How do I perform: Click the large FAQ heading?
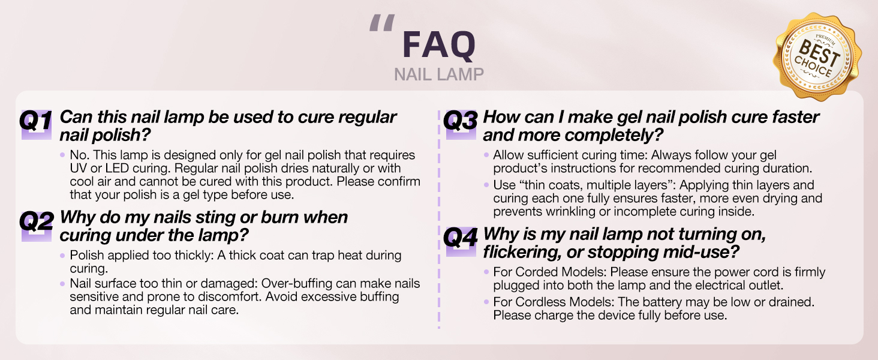(x=439, y=45)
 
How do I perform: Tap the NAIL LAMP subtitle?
(x=439, y=74)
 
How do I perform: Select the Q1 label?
(x=36, y=122)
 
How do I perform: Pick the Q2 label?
(x=36, y=223)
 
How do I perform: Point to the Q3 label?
(x=461, y=122)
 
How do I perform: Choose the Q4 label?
(x=461, y=239)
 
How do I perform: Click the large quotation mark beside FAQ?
(x=381, y=24)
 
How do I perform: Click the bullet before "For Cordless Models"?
(x=486, y=302)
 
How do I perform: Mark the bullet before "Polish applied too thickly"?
(x=63, y=256)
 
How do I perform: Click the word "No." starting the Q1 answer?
(x=79, y=155)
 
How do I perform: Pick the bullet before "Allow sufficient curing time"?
(x=486, y=155)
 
